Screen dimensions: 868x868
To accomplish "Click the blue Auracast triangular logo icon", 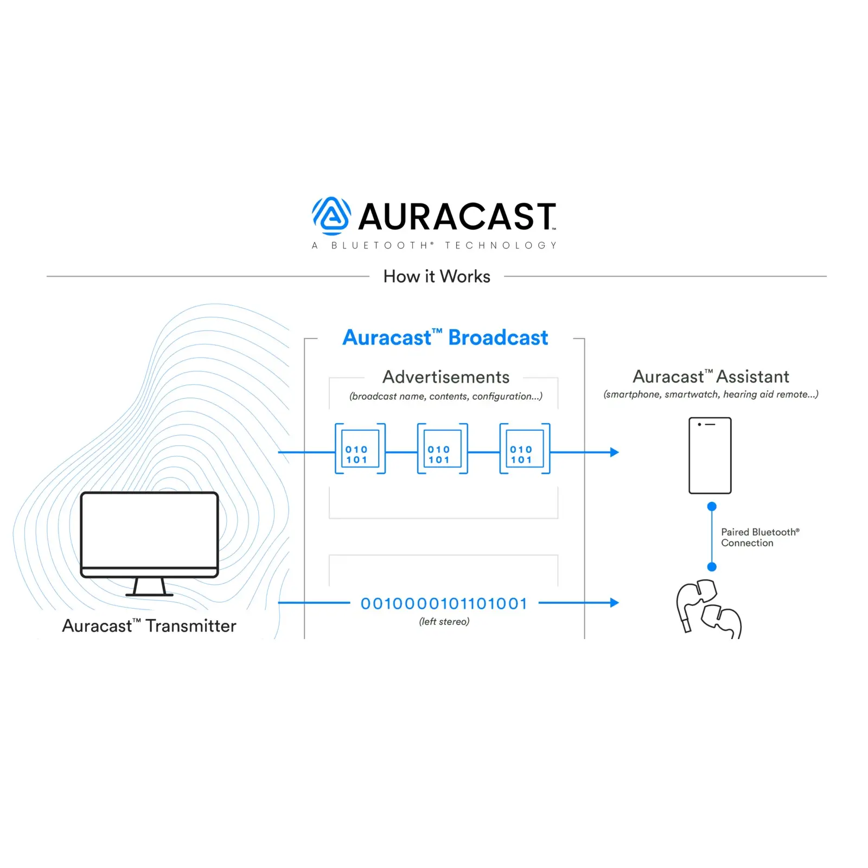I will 331,216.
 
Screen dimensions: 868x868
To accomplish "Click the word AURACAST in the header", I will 457,216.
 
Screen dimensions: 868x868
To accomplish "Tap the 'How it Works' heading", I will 437,277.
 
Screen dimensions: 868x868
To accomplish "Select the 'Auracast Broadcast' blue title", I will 445,337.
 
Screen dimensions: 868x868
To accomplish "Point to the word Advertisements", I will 446,377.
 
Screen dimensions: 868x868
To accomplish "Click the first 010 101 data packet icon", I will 360,449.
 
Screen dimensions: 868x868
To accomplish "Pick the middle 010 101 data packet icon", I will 442,449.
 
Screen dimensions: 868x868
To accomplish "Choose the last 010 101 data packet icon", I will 525,449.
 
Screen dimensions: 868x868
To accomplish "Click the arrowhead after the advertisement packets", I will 614,452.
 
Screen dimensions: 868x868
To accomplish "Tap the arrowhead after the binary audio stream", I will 614,603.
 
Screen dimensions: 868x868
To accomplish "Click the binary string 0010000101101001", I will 444,604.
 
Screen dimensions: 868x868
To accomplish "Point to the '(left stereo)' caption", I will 444,622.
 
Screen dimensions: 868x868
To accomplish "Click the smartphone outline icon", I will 710,456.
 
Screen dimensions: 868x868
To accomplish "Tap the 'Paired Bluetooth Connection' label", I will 759,538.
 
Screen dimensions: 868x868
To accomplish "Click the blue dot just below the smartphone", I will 712,507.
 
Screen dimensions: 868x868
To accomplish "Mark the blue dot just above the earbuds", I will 712,567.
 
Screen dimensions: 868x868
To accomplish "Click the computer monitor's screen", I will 149,529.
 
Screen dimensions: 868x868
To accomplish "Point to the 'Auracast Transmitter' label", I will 149,626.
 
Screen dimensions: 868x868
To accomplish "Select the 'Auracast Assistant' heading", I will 711,377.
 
